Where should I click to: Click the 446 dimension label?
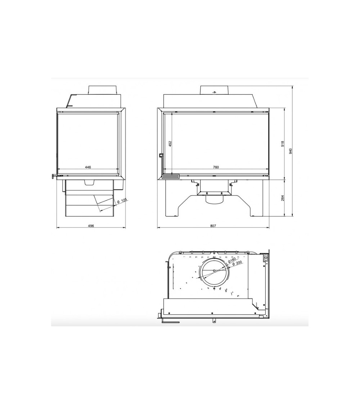pos(88,167)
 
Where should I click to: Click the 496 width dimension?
pos(91,225)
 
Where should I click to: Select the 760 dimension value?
pos(216,167)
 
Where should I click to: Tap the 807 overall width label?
pos(213,225)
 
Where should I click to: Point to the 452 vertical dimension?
pos(170,144)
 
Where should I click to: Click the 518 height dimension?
pos(283,144)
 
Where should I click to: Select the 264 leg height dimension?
pos(283,198)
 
